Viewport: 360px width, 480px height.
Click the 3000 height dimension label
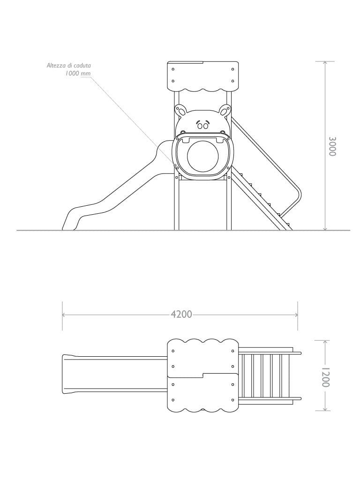point(332,146)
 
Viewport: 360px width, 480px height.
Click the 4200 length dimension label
point(181,315)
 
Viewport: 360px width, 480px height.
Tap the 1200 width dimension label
point(325,377)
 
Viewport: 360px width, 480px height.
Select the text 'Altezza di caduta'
point(69,65)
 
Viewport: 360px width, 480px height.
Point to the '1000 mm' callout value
point(78,74)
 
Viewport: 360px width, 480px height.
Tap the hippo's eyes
point(202,126)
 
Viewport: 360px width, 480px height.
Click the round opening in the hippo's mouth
point(202,155)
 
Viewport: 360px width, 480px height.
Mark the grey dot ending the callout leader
point(175,165)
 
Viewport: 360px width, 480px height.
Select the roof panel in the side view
point(202,76)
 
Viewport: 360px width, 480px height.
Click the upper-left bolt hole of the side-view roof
point(173,69)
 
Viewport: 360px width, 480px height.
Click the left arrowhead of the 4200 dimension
point(64,315)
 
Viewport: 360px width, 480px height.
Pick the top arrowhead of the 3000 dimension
point(325,63)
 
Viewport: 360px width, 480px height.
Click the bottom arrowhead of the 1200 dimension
point(325,408)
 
